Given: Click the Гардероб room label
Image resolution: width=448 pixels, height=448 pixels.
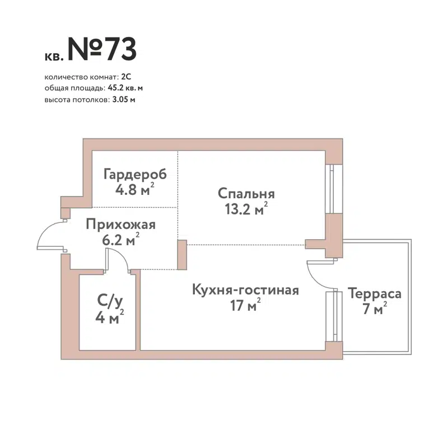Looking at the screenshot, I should tap(135, 174).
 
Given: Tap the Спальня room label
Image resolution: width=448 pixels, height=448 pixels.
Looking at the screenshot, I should tap(246, 194).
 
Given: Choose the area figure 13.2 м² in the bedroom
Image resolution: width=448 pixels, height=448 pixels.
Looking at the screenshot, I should tap(245, 210).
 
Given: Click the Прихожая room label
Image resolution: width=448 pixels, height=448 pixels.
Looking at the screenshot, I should tap(120, 225).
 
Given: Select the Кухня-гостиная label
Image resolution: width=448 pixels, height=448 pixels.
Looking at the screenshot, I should tap(245, 290).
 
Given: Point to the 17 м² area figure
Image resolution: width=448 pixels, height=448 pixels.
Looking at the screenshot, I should tap(245, 306).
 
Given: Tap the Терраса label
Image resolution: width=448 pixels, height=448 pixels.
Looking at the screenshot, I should tap(375, 294).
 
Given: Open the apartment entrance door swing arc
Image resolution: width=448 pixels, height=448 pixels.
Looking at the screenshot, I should tap(49, 236).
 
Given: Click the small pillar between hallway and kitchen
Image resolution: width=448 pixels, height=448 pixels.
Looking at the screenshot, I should tap(181, 255).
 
